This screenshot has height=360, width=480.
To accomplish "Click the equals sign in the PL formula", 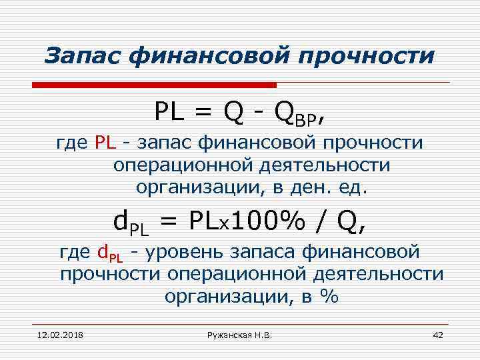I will (x=205, y=113).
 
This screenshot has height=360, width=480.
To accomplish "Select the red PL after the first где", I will (x=105, y=143).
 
